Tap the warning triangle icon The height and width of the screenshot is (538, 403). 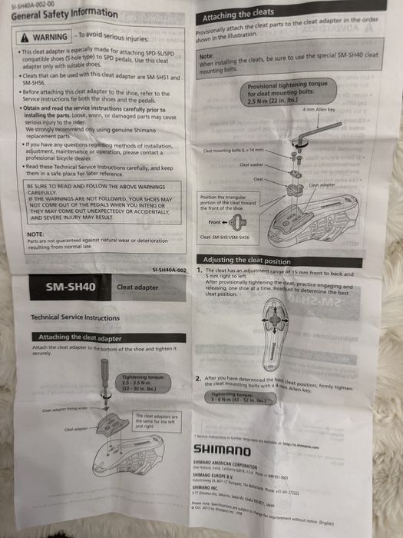pos(26,37)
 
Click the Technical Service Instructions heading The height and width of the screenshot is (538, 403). pos(74,317)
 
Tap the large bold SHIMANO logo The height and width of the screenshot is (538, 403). pos(221,449)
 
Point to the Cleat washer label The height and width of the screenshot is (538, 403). pos(250,164)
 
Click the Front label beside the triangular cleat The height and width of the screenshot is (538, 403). pos(216,223)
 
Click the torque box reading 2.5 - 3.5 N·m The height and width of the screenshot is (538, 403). pos(140,381)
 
